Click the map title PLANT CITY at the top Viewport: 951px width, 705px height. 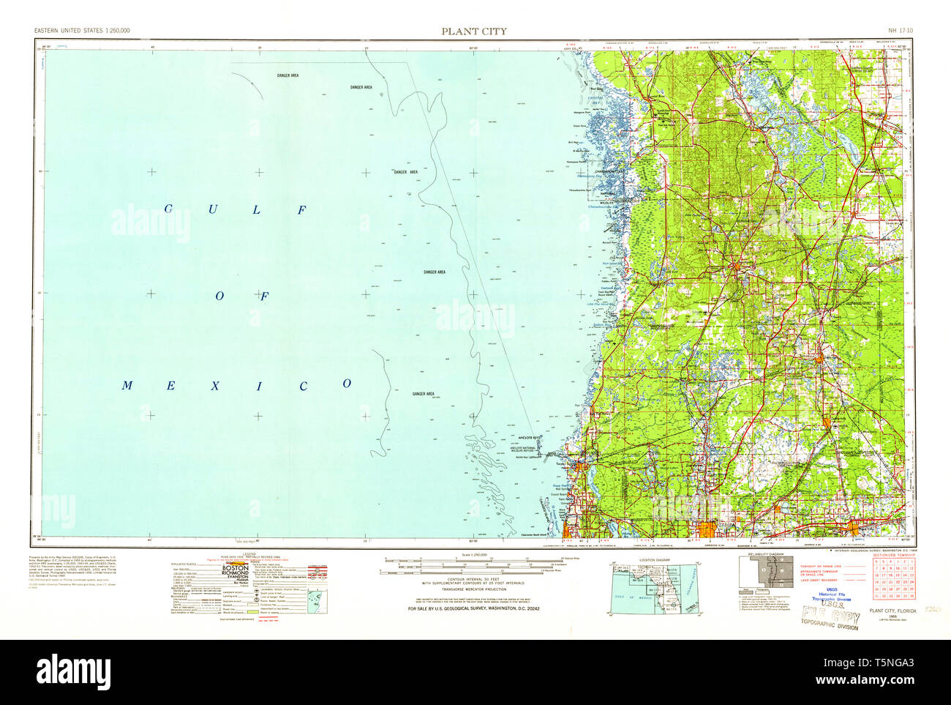tap(473, 31)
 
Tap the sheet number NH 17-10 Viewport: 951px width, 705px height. tap(899, 31)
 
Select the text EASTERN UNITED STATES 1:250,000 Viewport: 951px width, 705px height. tap(82, 31)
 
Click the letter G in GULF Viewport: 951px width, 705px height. tap(167, 209)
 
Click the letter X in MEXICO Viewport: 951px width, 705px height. tap(215, 385)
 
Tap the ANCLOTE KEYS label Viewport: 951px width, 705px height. tap(529, 438)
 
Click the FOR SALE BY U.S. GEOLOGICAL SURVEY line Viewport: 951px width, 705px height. tap(475, 609)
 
